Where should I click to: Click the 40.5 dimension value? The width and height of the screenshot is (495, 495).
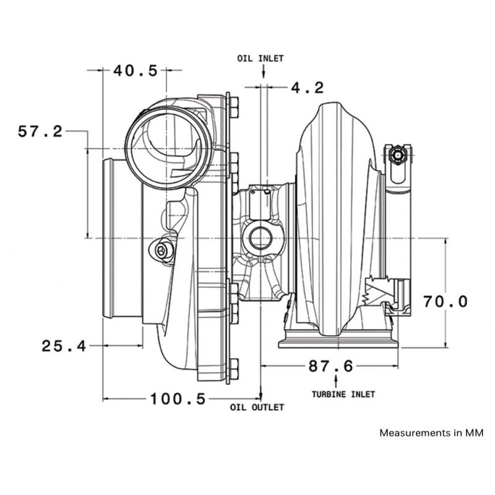click(135, 71)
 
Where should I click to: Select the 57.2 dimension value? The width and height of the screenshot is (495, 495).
click(40, 131)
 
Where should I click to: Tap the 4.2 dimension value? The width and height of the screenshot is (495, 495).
click(307, 88)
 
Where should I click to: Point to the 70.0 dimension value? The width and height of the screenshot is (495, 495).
click(445, 301)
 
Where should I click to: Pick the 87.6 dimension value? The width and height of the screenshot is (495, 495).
click(330, 366)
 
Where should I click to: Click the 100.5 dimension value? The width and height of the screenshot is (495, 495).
click(178, 398)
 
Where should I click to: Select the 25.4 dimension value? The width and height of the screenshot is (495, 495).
click(64, 346)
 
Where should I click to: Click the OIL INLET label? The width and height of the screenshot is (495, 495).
click(260, 58)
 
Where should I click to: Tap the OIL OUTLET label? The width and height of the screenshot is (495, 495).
click(257, 407)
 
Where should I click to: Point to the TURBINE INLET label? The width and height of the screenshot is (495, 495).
click(343, 394)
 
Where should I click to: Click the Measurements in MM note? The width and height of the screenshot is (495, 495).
click(431, 433)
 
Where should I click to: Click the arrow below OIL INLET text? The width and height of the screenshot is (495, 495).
click(264, 71)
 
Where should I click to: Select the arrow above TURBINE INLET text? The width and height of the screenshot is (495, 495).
click(335, 381)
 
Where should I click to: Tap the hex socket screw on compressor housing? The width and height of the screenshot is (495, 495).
click(161, 251)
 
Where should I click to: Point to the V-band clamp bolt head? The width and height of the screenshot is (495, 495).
click(397, 155)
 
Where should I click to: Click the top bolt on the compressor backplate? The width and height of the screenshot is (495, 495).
click(234, 107)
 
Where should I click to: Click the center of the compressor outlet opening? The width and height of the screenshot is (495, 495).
click(168, 148)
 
